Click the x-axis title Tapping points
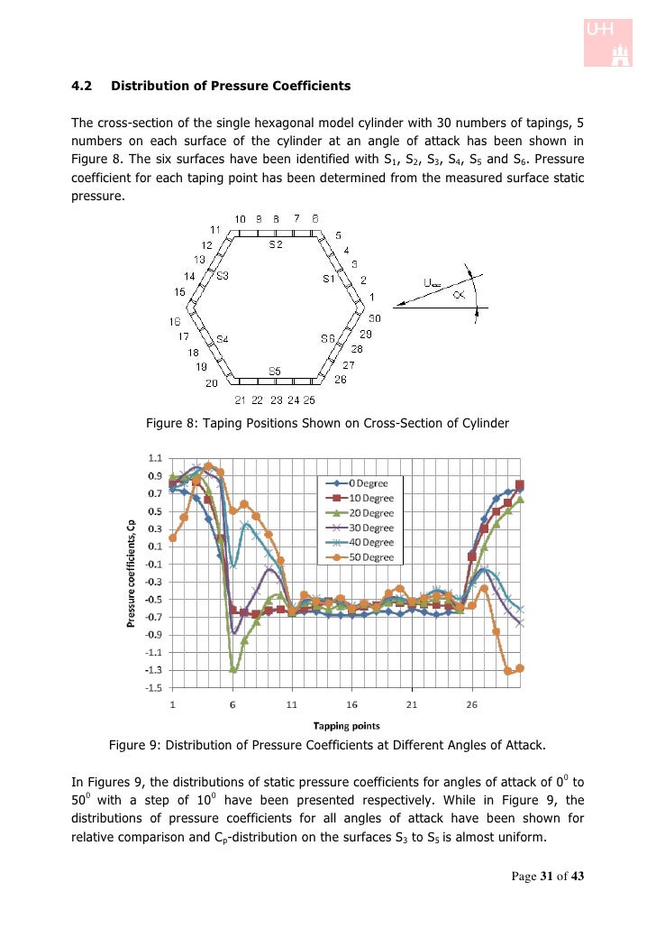coord(346,724)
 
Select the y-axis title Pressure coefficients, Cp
coord(132,573)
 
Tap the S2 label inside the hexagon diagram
coord(277,243)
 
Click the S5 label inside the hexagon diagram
coord(276,371)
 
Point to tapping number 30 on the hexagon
coord(375,317)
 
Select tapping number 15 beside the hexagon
coord(180,291)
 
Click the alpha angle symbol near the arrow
coord(459,294)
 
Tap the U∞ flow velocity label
coord(433,283)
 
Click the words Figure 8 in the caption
coord(172,423)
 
